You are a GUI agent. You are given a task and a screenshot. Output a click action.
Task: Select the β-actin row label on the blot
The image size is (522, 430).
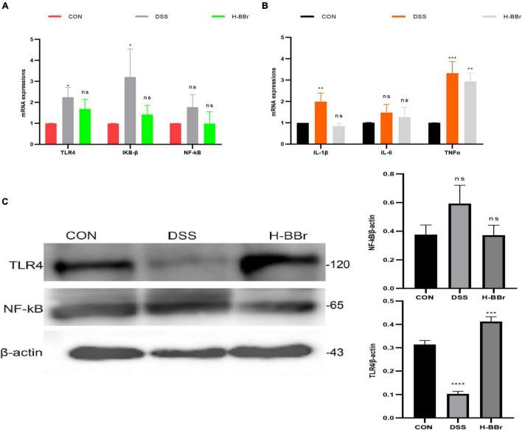(x=27, y=353)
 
